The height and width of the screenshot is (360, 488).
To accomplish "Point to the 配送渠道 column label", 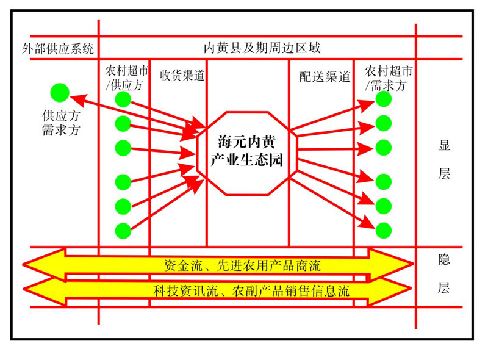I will tap(325, 76).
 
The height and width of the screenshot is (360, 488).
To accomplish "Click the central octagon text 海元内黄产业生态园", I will tap(247, 152).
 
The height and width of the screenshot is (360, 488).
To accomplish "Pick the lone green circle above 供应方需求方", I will tap(60, 93).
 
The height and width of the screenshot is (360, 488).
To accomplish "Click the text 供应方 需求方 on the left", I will tap(60, 122).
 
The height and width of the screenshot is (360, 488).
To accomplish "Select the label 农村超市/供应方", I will tap(127, 77).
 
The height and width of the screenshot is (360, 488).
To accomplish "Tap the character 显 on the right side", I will tap(444, 146).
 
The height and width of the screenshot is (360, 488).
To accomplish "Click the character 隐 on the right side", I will tap(444, 259).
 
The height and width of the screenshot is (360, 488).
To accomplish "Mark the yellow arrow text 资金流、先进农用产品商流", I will tap(242, 265).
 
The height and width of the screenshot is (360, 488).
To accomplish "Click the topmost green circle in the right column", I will tap(383, 98).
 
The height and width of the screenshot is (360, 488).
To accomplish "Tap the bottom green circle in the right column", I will tap(383, 230).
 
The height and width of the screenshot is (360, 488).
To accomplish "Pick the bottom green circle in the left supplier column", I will tap(123, 230).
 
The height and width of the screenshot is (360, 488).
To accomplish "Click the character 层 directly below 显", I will tap(444, 174).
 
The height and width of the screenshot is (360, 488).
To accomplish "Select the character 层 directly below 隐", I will tap(444, 288).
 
